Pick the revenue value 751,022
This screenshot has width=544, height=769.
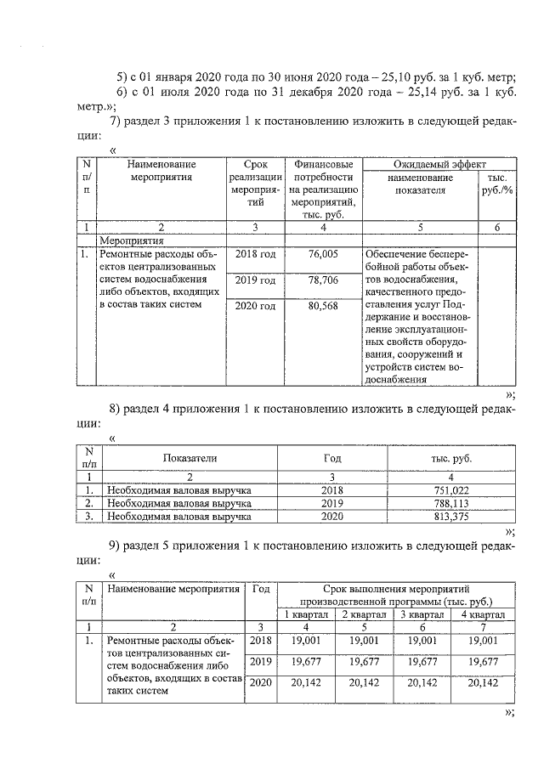click(451, 490)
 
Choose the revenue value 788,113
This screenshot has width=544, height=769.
click(451, 503)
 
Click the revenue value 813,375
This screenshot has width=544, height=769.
click(451, 516)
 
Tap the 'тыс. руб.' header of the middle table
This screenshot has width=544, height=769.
click(451, 458)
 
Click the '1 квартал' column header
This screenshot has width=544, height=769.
click(303, 614)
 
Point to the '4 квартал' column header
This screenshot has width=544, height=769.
click(482, 614)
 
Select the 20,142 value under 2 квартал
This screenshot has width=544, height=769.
click(363, 682)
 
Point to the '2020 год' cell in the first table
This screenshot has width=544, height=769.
click(255, 306)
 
